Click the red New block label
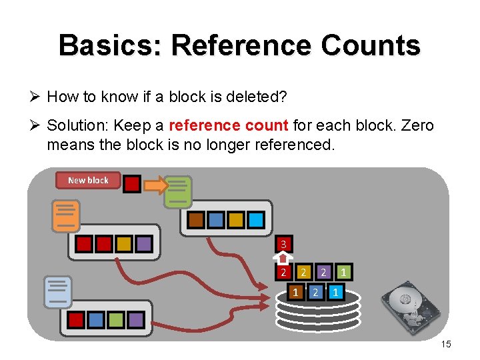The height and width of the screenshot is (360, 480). click(x=88, y=180)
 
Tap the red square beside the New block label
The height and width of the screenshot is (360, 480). click(x=132, y=184)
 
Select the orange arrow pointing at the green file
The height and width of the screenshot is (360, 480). click(x=155, y=185)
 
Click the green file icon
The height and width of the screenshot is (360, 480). click(x=178, y=191)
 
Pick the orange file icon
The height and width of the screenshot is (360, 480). click(x=66, y=216)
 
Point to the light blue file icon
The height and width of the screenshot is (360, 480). click(x=57, y=292)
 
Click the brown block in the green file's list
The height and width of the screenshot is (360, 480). click(x=196, y=219)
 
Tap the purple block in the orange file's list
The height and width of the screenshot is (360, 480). click(x=143, y=244)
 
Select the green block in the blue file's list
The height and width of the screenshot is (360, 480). click(x=116, y=320)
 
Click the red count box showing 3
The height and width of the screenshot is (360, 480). click(x=283, y=244)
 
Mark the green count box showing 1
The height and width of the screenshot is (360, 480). click(x=343, y=272)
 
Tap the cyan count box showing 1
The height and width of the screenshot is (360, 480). click(x=336, y=292)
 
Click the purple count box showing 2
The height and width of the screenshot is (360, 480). click(x=323, y=272)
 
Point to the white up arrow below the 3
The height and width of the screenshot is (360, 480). click(x=283, y=257)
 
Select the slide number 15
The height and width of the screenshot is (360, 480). click(x=446, y=344)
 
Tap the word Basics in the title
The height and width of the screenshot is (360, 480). click(x=110, y=45)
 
